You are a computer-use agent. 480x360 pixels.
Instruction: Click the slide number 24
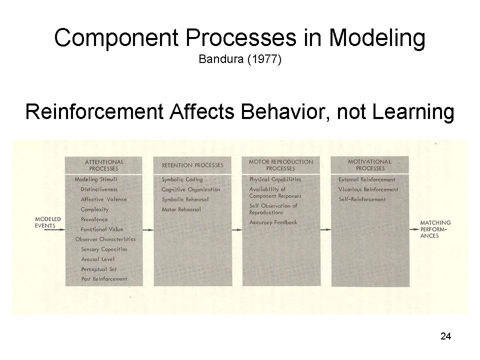445,336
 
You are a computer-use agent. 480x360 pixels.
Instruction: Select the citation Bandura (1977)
240,59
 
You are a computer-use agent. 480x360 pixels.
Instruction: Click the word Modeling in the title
377,38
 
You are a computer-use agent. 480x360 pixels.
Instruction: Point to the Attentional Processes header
104,165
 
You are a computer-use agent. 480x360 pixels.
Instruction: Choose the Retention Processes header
192,165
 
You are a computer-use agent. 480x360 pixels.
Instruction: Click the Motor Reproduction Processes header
280,165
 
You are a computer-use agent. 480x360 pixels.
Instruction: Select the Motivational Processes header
370,165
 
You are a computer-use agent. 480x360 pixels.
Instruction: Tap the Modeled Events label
48,222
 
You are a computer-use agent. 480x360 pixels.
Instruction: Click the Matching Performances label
435,229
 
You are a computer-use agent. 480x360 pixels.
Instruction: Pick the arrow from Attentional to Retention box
148,229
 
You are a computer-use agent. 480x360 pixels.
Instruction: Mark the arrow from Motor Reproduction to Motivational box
325,229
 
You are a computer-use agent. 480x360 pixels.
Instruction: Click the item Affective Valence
103,199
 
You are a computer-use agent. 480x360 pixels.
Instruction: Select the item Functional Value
101,229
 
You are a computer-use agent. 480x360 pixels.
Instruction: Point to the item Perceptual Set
98,269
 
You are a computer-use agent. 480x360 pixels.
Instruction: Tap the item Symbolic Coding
182,179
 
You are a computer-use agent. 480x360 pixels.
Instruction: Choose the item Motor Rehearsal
181,209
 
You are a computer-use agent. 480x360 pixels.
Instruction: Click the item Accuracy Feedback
273,222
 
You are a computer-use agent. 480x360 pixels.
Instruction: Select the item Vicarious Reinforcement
368,189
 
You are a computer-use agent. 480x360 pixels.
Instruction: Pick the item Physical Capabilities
275,179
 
